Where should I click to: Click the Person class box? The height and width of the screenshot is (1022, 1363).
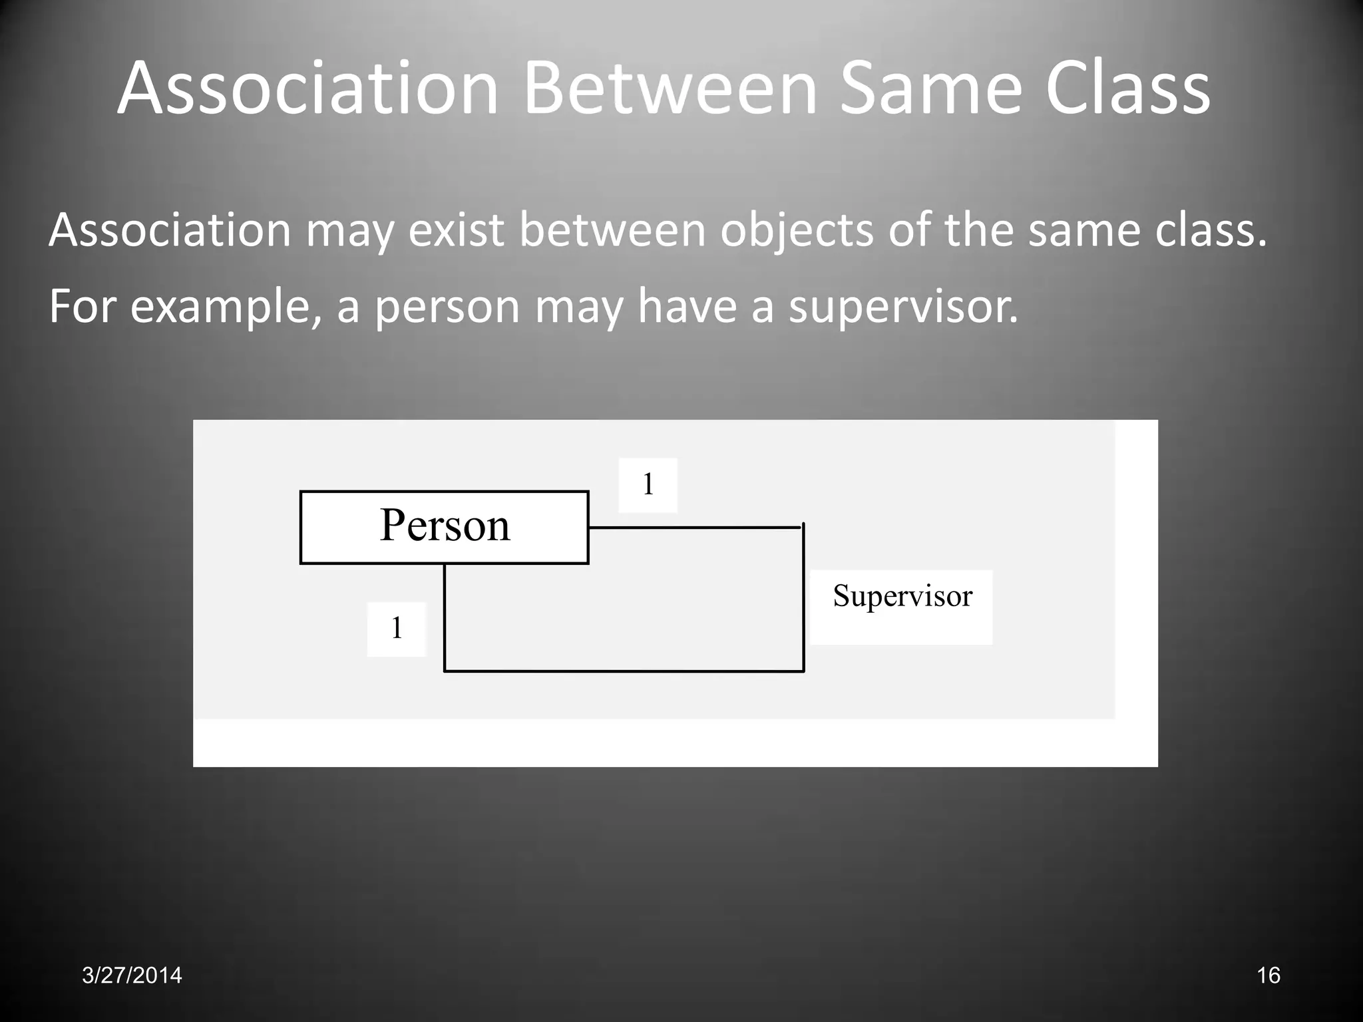pyautogui.click(x=444, y=527)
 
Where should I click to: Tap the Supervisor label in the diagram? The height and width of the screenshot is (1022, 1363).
pyautogui.click(x=902, y=596)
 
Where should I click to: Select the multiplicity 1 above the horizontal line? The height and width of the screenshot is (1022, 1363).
pyautogui.click(x=648, y=484)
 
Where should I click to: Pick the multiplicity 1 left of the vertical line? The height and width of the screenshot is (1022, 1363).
pyautogui.click(x=397, y=628)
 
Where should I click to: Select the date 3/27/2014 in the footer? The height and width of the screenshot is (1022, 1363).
pyautogui.click(x=132, y=975)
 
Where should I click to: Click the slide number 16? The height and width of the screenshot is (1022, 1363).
pyautogui.click(x=1268, y=975)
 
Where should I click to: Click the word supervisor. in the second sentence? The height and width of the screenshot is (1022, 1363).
pyautogui.click(x=903, y=307)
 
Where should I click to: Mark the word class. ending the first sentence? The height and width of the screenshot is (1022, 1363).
pyautogui.click(x=1211, y=230)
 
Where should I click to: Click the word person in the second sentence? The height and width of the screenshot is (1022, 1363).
pyautogui.click(x=447, y=307)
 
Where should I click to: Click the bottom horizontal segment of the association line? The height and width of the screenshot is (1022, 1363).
pyautogui.click(x=624, y=671)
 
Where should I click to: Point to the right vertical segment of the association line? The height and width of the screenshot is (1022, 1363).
pyautogui.click(x=804, y=598)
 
